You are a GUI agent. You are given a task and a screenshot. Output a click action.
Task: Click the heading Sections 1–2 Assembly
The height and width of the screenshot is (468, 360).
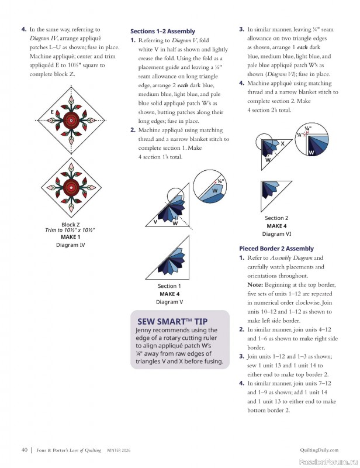click(x=162, y=31)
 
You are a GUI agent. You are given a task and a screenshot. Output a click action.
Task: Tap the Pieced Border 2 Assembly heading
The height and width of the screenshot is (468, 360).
click(x=276, y=249)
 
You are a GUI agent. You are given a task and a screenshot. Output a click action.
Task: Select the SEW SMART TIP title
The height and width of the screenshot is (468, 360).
click(x=172, y=321)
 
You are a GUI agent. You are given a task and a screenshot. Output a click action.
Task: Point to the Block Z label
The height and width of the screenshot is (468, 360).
click(x=70, y=224)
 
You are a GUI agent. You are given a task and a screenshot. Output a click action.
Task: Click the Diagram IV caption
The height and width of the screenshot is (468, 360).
click(x=70, y=245)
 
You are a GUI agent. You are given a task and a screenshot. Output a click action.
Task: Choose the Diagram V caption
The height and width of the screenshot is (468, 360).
click(x=169, y=302)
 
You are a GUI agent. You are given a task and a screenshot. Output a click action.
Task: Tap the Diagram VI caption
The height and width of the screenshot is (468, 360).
click(x=276, y=233)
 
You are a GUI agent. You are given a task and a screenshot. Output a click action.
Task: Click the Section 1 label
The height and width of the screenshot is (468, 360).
click(x=169, y=286)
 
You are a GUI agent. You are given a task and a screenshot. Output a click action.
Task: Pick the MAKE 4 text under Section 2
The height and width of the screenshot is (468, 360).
click(x=276, y=226)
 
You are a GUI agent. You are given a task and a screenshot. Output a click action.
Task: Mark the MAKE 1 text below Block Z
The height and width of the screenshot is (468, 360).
click(x=70, y=237)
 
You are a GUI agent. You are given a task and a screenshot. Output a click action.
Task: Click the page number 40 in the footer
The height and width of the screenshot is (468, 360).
click(x=25, y=450)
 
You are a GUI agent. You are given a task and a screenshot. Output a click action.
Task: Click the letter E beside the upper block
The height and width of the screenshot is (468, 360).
click(x=52, y=112)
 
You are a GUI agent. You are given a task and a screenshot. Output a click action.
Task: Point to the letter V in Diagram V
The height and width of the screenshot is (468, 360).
click(x=155, y=222)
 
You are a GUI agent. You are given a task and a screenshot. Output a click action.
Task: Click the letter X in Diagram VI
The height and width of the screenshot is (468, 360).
click(x=282, y=143)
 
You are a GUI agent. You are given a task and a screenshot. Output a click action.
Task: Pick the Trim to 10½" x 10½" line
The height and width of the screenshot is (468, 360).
click(x=70, y=230)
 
